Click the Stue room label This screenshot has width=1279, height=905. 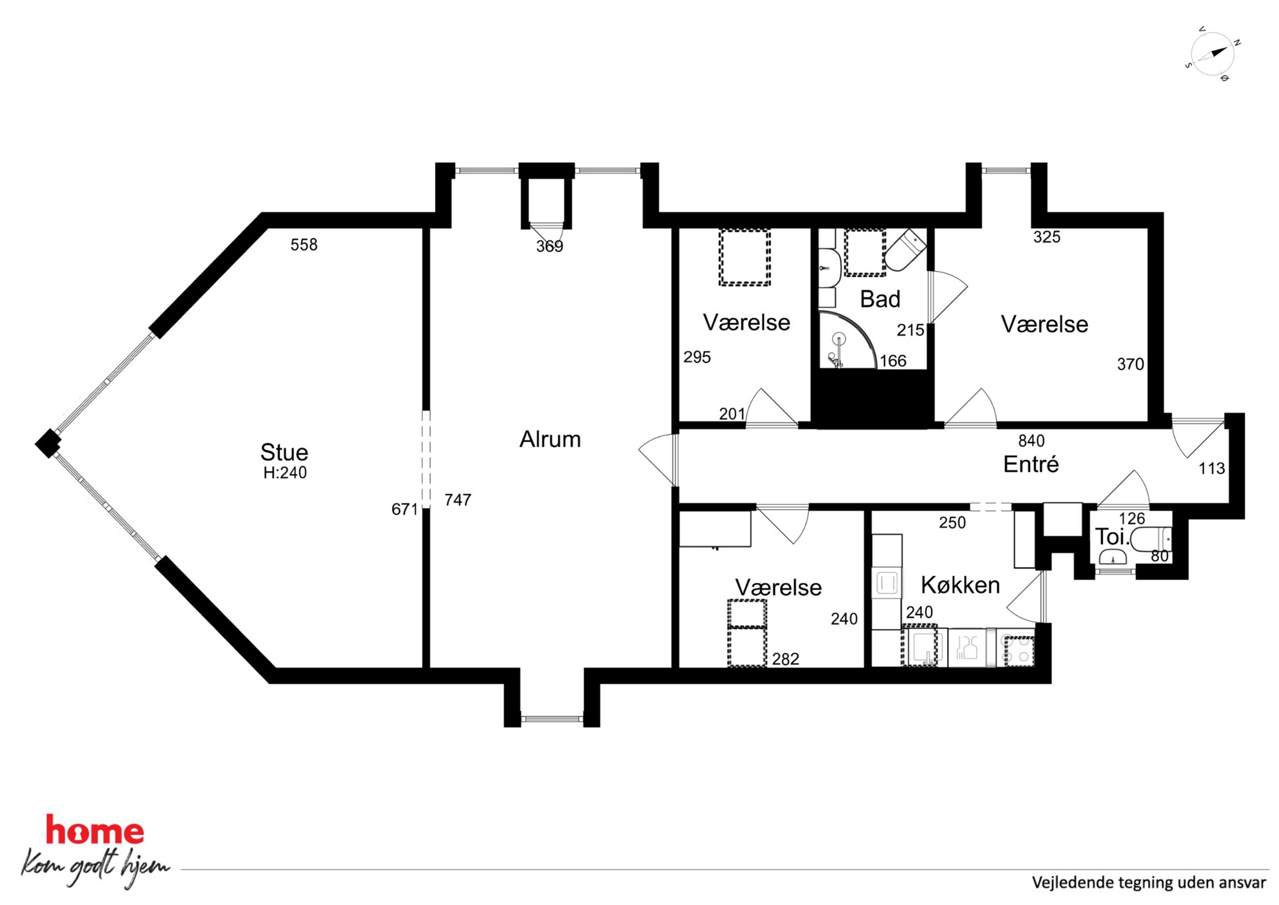[284, 452]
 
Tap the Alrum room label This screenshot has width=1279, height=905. [550, 439]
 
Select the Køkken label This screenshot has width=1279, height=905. [960, 585]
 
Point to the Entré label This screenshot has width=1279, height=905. [1031, 464]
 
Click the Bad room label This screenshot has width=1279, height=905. [880, 299]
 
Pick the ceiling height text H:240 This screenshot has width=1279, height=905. [285, 473]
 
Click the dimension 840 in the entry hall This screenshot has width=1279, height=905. [1031, 441]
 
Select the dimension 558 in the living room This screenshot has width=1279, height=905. [304, 244]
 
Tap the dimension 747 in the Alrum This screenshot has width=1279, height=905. [458, 500]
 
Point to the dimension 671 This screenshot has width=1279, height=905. [405, 510]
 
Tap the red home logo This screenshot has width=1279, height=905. [95, 831]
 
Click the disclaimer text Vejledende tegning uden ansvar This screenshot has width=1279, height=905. [1149, 882]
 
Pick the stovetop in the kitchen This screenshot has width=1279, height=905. [1019, 650]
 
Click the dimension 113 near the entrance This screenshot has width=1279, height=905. [1211, 468]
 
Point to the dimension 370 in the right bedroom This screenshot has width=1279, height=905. [1130, 364]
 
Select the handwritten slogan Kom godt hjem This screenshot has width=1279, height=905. [96, 868]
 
